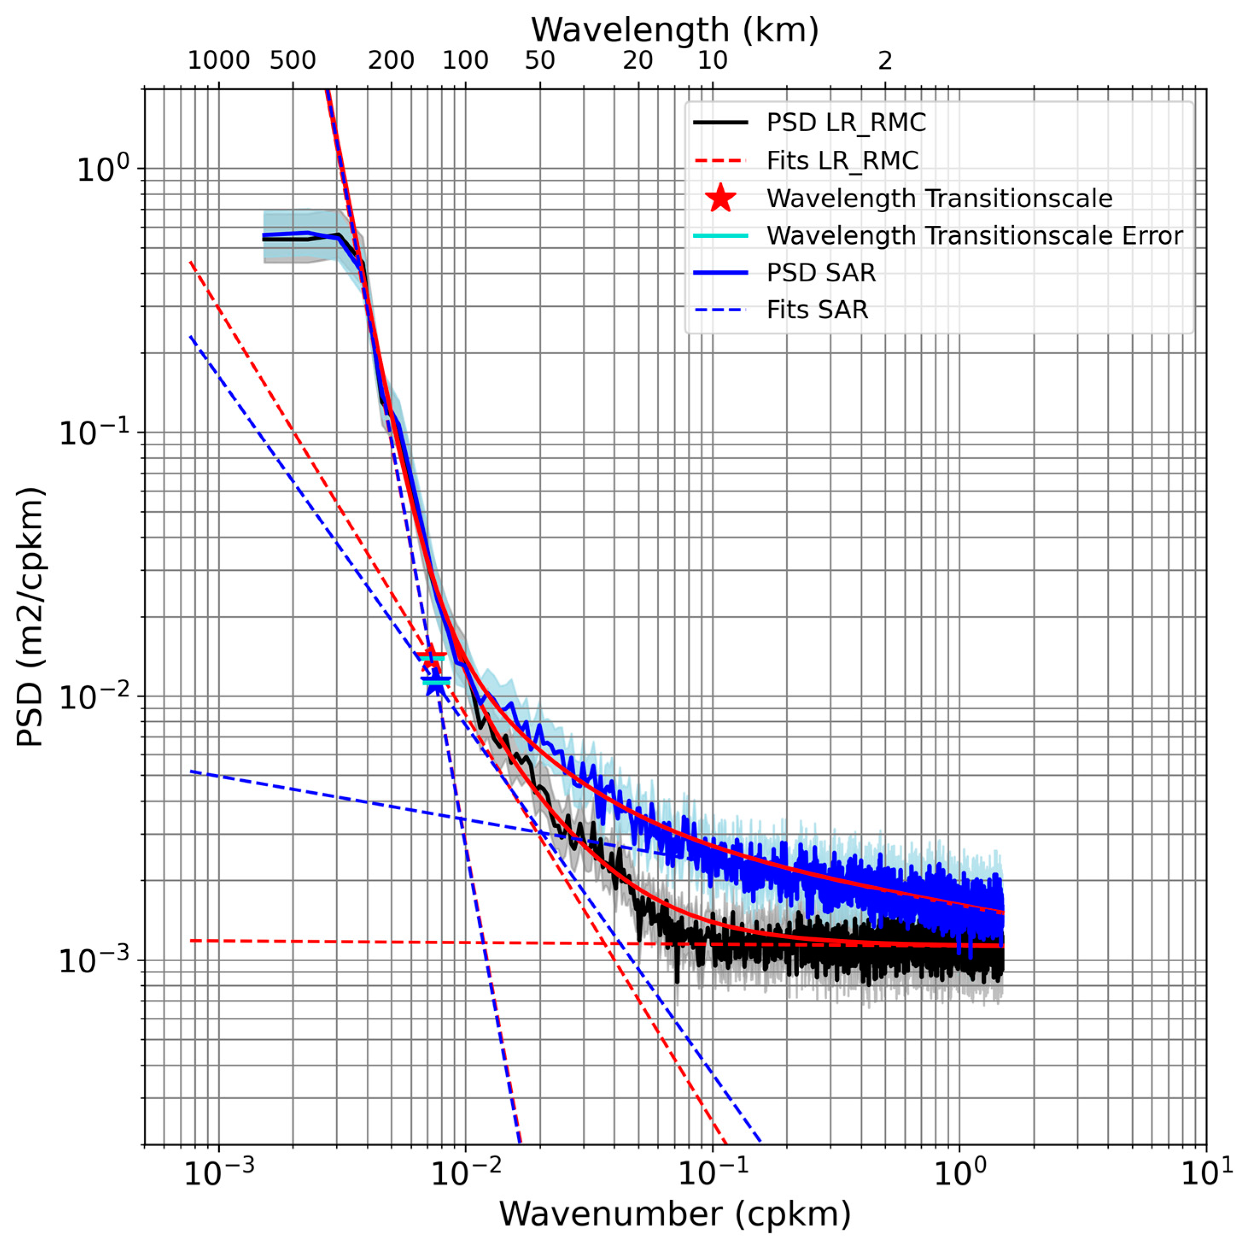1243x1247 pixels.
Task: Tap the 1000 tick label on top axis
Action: tap(219, 61)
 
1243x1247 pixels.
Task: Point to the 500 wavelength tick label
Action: tap(293, 61)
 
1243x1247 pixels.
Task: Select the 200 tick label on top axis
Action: tap(391, 61)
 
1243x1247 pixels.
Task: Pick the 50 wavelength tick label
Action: tap(540, 61)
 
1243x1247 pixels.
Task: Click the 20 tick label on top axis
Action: tap(638, 61)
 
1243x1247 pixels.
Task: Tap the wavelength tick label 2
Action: tap(885, 61)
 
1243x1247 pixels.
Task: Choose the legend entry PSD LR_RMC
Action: tap(846, 123)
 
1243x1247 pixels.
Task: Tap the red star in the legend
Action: tap(721, 198)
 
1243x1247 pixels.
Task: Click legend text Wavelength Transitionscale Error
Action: tap(974, 236)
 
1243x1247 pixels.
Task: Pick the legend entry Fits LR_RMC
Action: tap(842, 160)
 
